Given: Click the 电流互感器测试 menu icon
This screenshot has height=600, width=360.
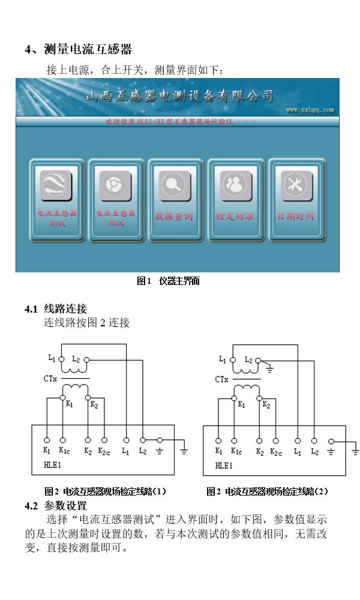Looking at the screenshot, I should click(x=56, y=185).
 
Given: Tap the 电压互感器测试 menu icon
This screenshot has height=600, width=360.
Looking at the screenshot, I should click(x=115, y=185).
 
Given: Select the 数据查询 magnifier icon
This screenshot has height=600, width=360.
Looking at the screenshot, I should click(x=175, y=185).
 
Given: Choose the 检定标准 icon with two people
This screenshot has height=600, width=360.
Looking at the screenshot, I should click(x=235, y=185).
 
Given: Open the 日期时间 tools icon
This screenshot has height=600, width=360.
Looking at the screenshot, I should click(x=295, y=185).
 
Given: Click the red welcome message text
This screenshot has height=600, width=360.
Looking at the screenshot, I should click(x=180, y=121).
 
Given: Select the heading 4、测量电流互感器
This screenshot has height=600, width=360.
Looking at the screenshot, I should click(x=78, y=49).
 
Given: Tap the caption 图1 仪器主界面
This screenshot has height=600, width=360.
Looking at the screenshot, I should click(x=169, y=281).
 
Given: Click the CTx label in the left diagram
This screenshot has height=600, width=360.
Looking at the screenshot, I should click(x=50, y=379).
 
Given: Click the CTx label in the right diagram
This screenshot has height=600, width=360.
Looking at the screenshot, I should click(x=222, y=379).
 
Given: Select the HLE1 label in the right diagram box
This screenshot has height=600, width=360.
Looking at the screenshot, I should click(x=223, y=464).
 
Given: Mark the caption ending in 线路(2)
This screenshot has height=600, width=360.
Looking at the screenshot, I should click(x=268, y=491).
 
